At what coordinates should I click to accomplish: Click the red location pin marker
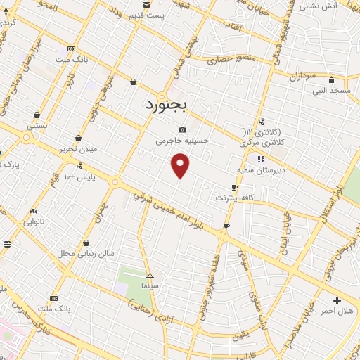pyautogui.click(x=181, y=165)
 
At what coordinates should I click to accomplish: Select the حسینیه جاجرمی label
pyautogui.click(x=183, y=141)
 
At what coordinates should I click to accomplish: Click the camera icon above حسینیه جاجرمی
pyautogui.click(x=183, y=129)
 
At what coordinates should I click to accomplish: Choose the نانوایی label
pyautogui.click(x=34, y=221)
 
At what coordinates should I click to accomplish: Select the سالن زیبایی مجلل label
pyautogui.click(x=75, y=253)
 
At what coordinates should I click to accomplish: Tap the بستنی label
pyautogui.click(x=37, y=125)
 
